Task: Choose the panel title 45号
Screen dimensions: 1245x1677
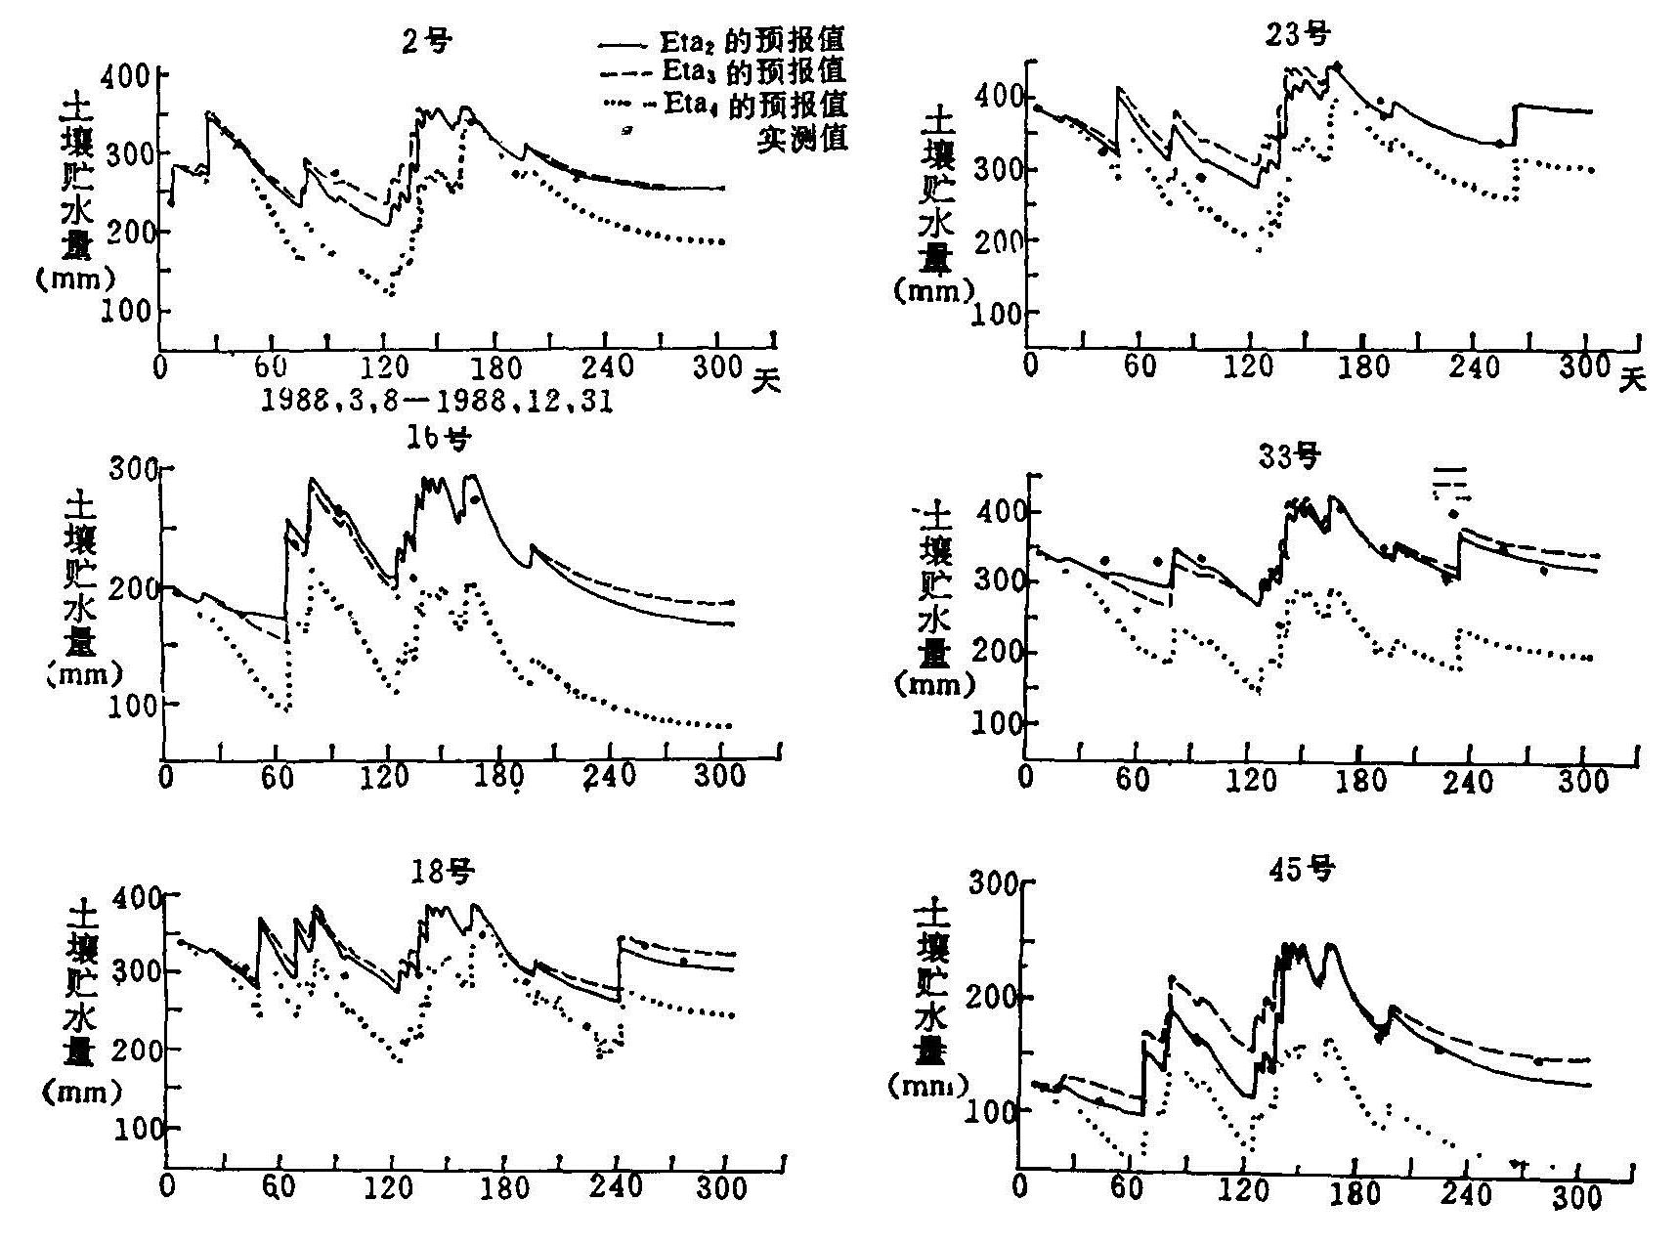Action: (x=1306, y=868)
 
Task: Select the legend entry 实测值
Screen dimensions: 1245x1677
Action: (x=802, y=138)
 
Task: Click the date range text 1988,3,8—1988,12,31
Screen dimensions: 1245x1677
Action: (x=437, y=403)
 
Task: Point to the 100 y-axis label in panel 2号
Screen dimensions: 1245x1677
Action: (x=125, y=312)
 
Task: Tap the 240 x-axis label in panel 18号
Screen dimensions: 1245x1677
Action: (x=617, y=1187)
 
